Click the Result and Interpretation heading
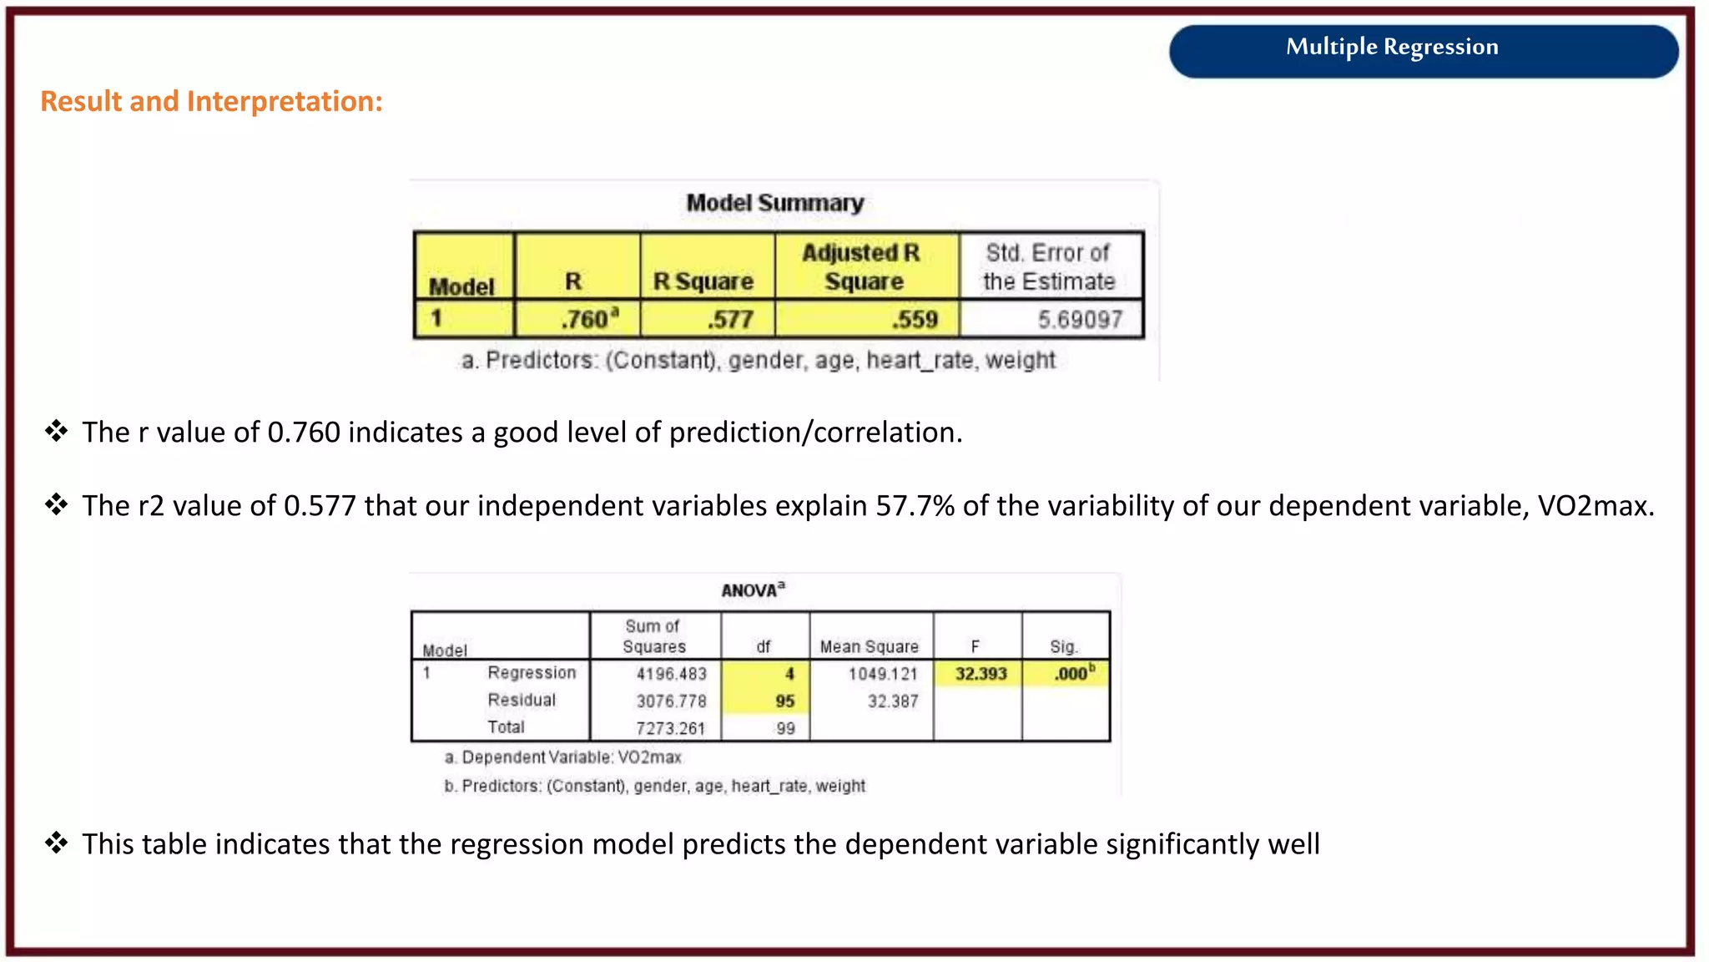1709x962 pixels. coord(211,101)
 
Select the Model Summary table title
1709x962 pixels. coord(774,203)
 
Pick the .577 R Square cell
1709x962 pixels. coord(730,319)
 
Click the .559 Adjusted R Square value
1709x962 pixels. coord(915,319)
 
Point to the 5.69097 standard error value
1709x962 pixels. coord(1080,319)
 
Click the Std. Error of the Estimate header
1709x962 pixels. coord(1048,267)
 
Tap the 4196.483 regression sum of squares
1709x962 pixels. coord(671,674)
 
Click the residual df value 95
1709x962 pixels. coord(784,701)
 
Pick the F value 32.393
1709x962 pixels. coord(981,674)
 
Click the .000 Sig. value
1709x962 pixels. coord(1071,674)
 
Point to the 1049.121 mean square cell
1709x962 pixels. coord(883,674)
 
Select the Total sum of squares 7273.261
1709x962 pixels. coord(670,728)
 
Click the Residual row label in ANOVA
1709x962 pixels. coord(522,701)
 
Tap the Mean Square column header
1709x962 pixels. coord(869,646)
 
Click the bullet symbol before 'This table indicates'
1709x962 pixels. coord(56,843)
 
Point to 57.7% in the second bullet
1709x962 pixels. coord(915,506)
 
